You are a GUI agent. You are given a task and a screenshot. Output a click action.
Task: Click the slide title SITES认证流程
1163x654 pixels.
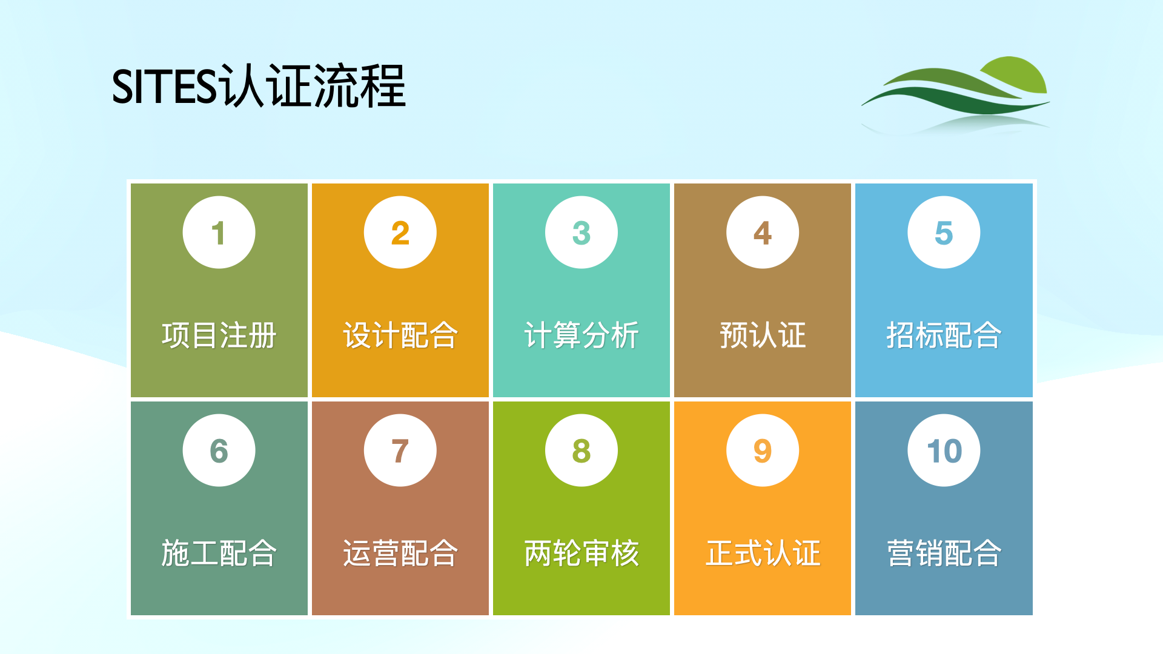pos(259,86)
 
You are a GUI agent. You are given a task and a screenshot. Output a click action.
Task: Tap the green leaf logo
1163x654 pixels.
pos(956,94)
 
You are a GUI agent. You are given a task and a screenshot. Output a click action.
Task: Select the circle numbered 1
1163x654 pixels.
pos(219,233)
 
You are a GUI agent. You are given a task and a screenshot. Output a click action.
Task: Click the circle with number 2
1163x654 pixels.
pos(400,233)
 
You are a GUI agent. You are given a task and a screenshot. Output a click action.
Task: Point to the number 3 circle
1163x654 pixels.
pos(581,233)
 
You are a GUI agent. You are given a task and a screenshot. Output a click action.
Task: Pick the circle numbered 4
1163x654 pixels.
pos(763,233)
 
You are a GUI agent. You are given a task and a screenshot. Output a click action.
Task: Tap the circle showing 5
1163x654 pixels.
pos(944,233)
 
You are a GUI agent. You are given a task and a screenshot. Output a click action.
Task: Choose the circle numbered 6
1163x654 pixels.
pos(219,451)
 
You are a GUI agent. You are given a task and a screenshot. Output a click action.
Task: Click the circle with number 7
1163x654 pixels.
pos(400,451)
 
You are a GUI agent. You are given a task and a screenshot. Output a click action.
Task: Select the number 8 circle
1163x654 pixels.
pos(581,451)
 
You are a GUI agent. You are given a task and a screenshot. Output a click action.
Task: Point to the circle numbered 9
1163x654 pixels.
pos(763,451)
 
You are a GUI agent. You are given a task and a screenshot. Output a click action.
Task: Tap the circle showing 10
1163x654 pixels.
pos(944,451)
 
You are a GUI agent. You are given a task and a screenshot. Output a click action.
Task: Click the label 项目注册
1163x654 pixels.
pos(219,335)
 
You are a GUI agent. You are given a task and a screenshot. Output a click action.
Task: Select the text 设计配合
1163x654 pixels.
pos(400,335)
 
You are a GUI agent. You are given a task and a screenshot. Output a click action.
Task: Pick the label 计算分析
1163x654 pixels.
pos(581,335)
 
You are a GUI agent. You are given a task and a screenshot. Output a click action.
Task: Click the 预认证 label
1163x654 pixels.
pos(763,335)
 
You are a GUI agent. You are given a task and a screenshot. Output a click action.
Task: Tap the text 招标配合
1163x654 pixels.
pos(944,335)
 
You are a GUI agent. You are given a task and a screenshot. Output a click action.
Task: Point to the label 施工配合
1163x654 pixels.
pos(219,553)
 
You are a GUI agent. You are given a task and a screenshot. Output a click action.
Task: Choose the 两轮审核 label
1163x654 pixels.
pos(581,553)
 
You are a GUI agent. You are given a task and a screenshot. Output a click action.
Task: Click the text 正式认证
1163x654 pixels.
pos(763,553)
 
